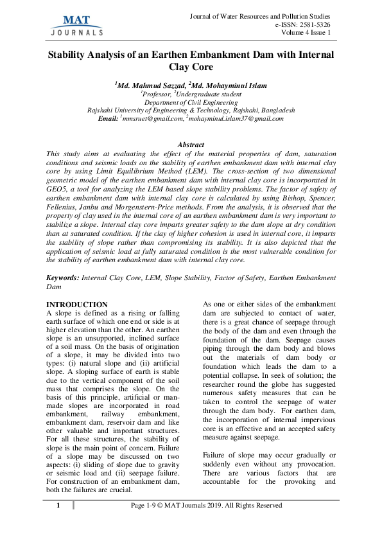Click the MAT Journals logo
[x=76, y=24]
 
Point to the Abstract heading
[x=191, y=145]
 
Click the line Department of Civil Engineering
[x=191, y=102]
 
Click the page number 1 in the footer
[x=58, y=506]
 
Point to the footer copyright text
[x=206, y=506]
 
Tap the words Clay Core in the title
[x=191, y=66]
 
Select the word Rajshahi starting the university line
[x=100, y=110]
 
